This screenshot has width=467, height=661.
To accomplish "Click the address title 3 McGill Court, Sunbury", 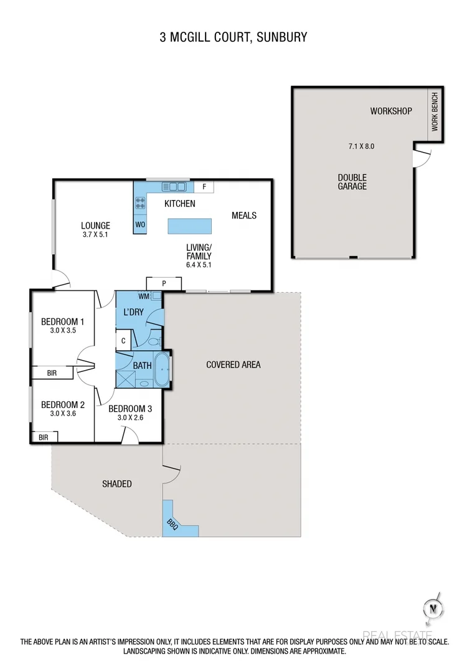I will point(233,37).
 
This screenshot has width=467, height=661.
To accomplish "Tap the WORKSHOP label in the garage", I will point(391,112).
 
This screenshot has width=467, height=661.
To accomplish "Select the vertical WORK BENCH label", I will point(435,112).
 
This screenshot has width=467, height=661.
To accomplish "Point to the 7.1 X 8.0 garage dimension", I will point(361,147).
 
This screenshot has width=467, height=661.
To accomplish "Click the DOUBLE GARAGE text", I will point(352,182).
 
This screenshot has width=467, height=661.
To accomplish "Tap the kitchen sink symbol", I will point(174,186).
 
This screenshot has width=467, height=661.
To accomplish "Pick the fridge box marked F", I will point(204,186).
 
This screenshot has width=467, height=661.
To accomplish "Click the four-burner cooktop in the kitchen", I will point(140,202).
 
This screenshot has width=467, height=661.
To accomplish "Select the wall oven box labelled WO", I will point(139,224).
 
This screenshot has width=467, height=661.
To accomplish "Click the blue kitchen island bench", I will point(190,225).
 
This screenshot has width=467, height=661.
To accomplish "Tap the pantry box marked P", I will point(164,283).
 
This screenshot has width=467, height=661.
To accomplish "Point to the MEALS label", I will point(244,216).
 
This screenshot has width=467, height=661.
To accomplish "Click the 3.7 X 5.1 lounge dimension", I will point(95,235).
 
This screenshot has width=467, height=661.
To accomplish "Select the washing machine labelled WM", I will point(145,296).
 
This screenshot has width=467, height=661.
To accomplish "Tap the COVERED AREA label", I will point(233,364).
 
